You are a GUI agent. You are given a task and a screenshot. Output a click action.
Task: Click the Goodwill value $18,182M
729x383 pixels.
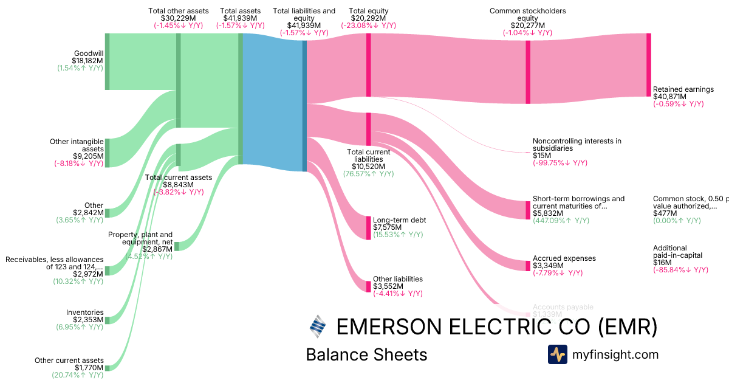coord(87,61)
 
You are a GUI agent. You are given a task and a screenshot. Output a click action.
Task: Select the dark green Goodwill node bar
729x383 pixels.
coord(107,61)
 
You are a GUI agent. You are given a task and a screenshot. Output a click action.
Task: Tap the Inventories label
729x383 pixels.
coord(85,312)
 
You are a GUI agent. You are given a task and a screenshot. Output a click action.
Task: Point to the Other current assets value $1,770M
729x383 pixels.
coord(89,368)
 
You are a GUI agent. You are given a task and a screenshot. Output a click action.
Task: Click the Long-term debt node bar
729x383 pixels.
coord(368,227)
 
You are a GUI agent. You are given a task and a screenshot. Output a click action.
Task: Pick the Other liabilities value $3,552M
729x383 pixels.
coord(389,286)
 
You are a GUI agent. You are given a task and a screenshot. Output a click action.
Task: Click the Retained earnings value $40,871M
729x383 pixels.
coord(669,97)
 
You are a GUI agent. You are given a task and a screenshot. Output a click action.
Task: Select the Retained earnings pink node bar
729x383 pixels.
coord(648,64)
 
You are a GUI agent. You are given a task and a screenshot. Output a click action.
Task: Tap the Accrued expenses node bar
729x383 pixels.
coord(527,266)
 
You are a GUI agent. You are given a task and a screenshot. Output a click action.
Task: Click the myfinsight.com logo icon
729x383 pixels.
coord(557,354)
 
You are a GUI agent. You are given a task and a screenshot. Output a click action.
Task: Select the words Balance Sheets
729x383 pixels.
coord(366,355)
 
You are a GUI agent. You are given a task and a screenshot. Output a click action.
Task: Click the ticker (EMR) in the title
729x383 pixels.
coord(628,327)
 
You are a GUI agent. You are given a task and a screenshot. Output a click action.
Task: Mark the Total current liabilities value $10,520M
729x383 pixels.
coord(368,166)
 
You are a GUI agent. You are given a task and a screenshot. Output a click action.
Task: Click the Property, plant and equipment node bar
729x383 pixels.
coord(177,246)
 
